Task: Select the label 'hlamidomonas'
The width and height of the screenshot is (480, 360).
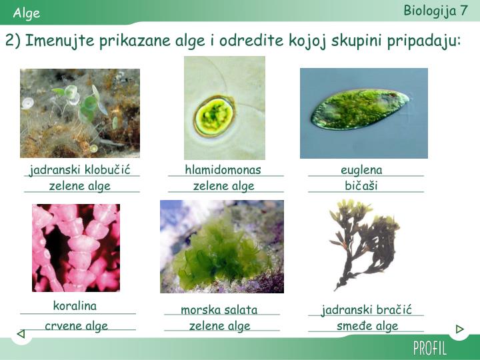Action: [223, 170]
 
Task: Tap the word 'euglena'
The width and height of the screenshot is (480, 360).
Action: [361, 170]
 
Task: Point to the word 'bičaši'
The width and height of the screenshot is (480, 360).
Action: [361, 185]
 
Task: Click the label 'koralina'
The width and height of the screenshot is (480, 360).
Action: [75, 306]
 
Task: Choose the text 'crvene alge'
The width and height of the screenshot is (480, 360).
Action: [76, 326]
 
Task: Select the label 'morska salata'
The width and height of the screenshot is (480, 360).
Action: [219, 310]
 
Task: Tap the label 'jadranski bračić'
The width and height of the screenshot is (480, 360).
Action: [367, 310]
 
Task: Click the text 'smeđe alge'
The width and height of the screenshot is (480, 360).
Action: [367, 326]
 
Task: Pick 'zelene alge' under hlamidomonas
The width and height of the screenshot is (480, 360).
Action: [224, 186]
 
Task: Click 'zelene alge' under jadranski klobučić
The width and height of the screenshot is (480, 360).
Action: [80, 186]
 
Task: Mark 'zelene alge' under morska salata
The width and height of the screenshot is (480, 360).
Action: [219, 326]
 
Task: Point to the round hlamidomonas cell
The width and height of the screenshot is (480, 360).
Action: [215, 115]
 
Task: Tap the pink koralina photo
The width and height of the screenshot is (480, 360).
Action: [76, 247]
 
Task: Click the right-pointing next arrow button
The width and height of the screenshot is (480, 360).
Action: [459, 329]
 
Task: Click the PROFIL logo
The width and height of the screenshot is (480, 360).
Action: [430, 348]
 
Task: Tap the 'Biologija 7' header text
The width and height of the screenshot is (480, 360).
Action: [435, 11]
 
